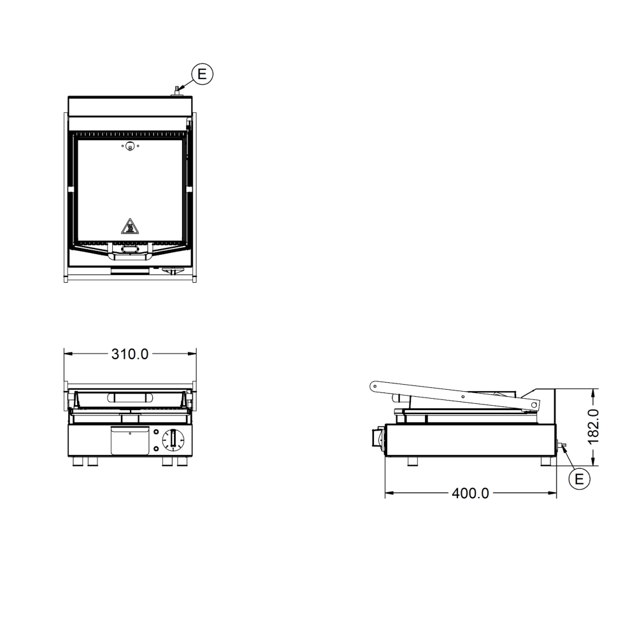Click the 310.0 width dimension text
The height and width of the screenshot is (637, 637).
130,354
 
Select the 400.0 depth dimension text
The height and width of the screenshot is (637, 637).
471,493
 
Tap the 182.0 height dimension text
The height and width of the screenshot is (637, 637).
593,427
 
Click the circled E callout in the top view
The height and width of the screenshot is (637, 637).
202,74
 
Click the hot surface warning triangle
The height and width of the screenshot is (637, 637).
129,227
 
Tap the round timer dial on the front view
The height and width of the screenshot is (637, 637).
173,440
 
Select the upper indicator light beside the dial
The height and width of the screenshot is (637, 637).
156,432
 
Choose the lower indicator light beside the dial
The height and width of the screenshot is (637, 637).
156,449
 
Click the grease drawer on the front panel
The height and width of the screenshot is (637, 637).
130,440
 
